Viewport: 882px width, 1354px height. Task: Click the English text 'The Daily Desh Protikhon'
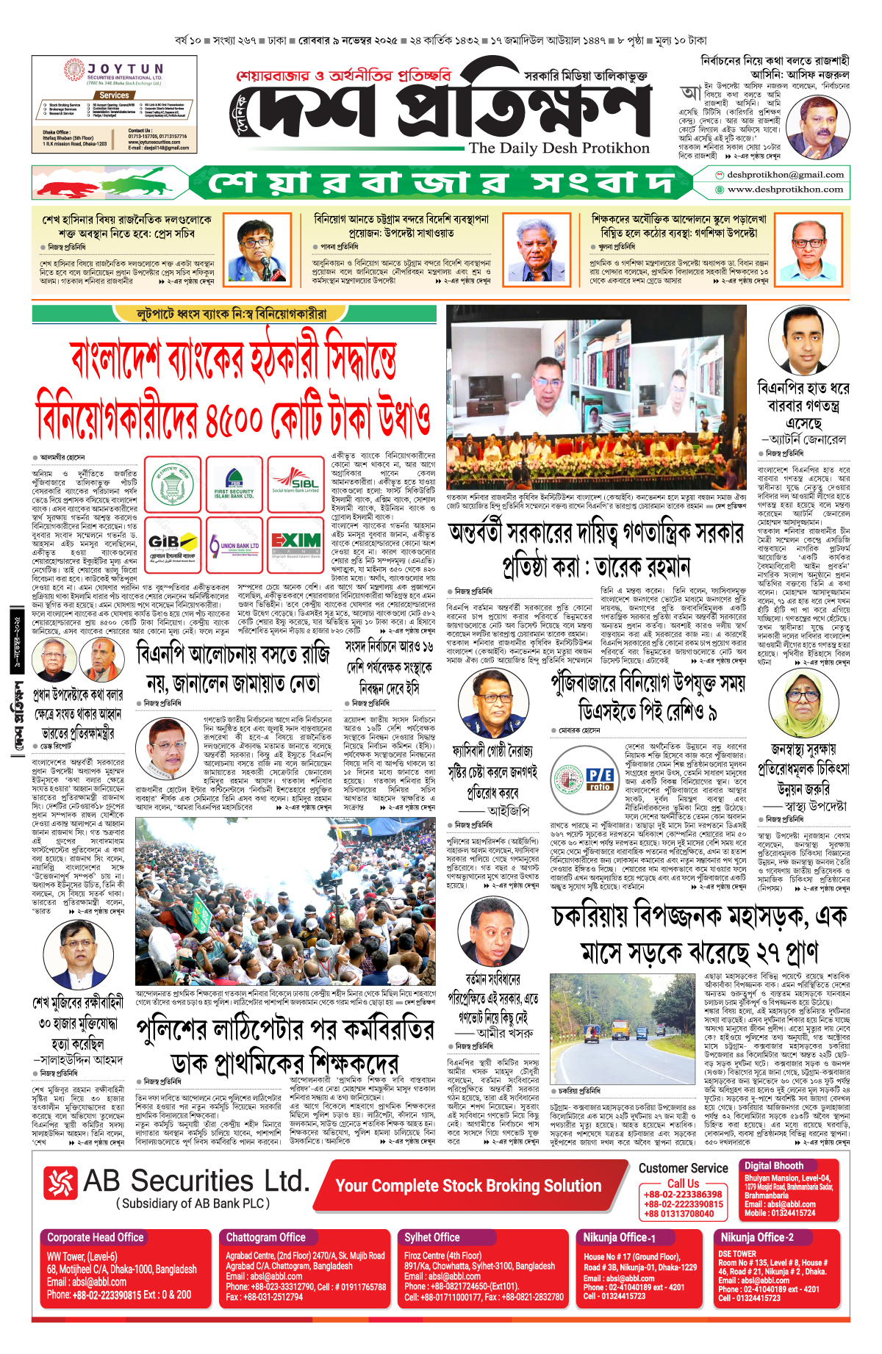pyautogui.click(x=559, y=148)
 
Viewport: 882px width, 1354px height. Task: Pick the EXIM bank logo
pyautogui.click(x=295, y=543)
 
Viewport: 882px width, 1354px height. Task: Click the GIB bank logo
pyautogui.click(x=173, y=544)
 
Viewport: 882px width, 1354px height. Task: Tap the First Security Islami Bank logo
pyautogui.click(x=234, y=483)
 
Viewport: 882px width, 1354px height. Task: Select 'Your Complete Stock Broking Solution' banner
pyautogui.click(x=468, y=1186)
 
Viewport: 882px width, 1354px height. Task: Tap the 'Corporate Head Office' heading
pyautogui.click(x=96, y=1237)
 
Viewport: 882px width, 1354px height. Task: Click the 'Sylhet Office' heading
pyautogui.click(x=431, y=1237)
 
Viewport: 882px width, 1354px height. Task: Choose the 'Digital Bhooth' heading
pyautogui.click(x=773, y=1165)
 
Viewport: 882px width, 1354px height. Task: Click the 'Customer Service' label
pyautogui.click(x=683, y=1168)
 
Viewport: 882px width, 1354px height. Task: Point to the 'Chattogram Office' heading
pyautogui.click(x=265, y=1237)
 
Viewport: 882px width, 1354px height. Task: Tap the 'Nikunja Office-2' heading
pyautogui.click(x=757, y=1237)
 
